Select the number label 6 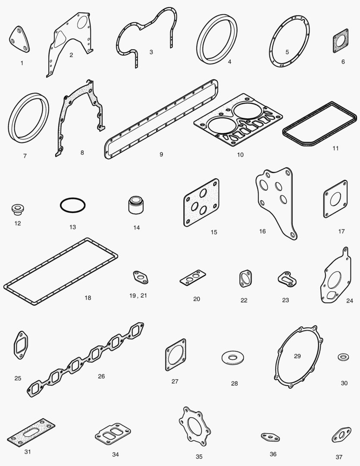[x=343, y=62]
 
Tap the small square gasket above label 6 [x=341, y=41]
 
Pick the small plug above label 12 [x=18, y=209]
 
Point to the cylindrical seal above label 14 [x=136, y=205]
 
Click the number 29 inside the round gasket [x=297, y=356]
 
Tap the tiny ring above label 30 [x=343, y=357]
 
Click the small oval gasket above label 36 [x=271, y=437]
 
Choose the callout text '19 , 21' [x=138, y=296]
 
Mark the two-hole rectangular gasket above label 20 [x=193, y=277]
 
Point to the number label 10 [x=240, y=154]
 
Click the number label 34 [x=116, y=454]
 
